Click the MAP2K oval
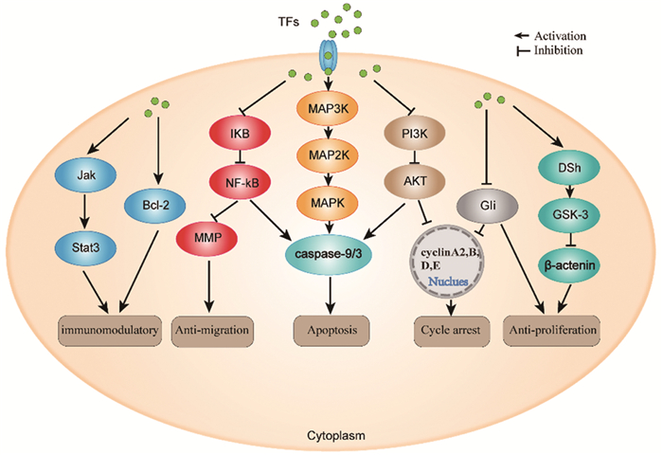coord(327,152)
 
